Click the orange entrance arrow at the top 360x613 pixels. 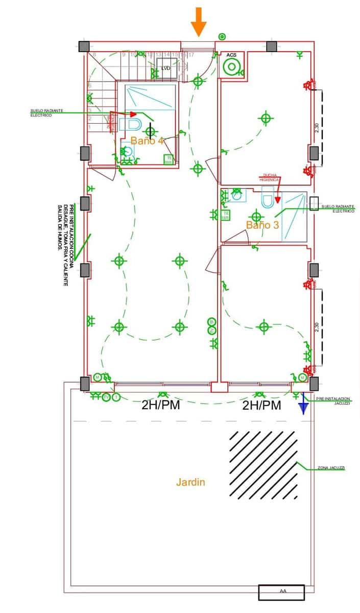point(199,21)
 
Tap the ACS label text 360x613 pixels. point(231,55)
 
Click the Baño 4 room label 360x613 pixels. point(147,140)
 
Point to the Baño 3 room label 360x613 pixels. point(262,224)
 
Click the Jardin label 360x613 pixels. point(190,482)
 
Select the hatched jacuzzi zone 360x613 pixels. point(263,465)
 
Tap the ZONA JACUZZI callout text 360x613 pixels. point(331,468)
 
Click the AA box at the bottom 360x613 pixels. point(281,592)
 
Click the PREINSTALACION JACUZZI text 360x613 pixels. point(333,400)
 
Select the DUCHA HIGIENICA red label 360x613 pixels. point(271,177)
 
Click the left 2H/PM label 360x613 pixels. point(160,406)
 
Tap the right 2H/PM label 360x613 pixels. point(261,406)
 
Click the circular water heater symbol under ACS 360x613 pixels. point(232,67)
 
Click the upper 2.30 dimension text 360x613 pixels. point(317,128)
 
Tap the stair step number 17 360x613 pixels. point(191,54)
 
